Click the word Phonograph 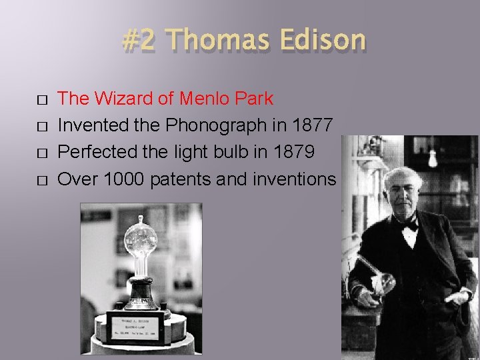[x=225, y=125]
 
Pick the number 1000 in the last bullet [x=125, y=179]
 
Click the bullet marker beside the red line [x=43, y=100]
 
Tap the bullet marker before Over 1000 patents [x=43, y=180]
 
